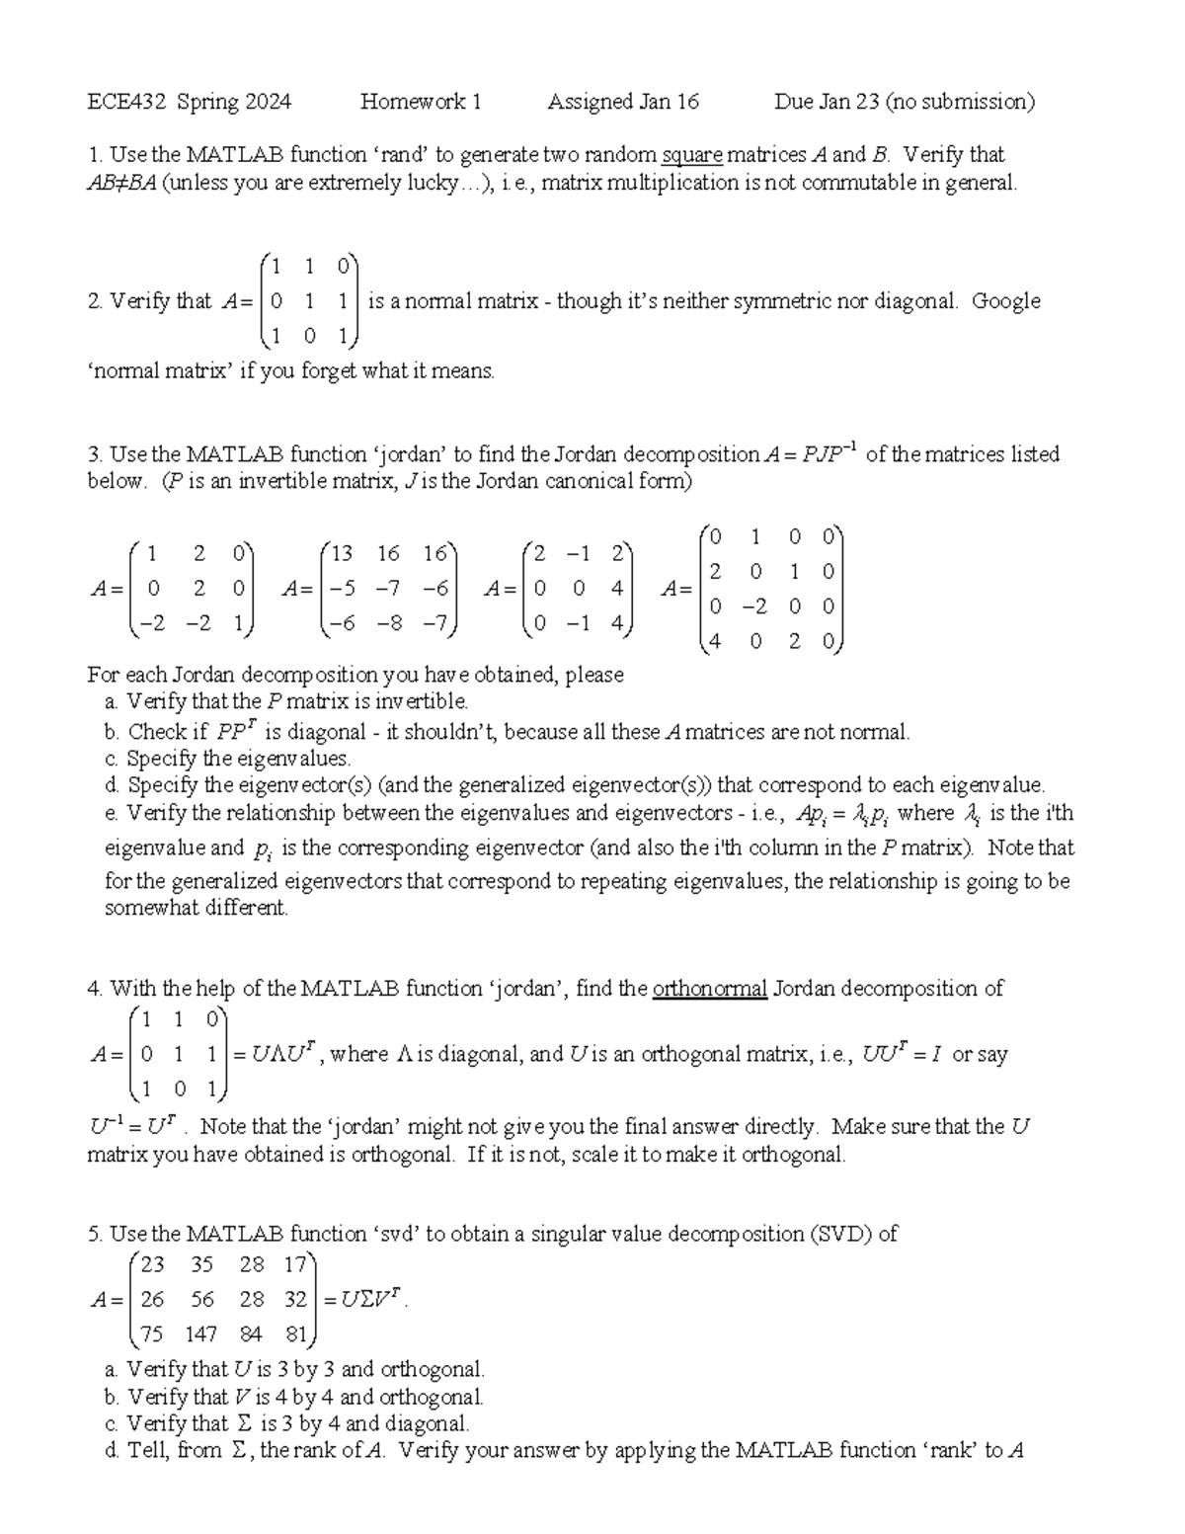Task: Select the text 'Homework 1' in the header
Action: pos(421,102)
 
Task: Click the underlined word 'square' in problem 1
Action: pos(692,155)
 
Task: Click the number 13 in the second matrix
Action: pos(342,553)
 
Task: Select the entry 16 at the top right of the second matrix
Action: pos(435,553)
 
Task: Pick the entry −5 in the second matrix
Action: pos(342,589)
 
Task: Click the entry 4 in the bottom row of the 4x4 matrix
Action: pos(714,641)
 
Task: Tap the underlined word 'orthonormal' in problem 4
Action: pos(709,989)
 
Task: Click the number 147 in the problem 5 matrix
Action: pos(200,1334)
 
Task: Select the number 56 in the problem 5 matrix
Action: pos(202,1300)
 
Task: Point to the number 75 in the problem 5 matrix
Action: pos(152,1334)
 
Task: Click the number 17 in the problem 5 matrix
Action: pos(295,1264)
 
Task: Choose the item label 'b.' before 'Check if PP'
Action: pos(112,732)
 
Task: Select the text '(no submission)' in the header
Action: pos(960,102)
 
